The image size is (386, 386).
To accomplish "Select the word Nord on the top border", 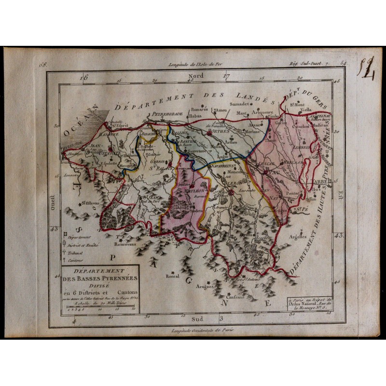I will [x=196, y=76].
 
